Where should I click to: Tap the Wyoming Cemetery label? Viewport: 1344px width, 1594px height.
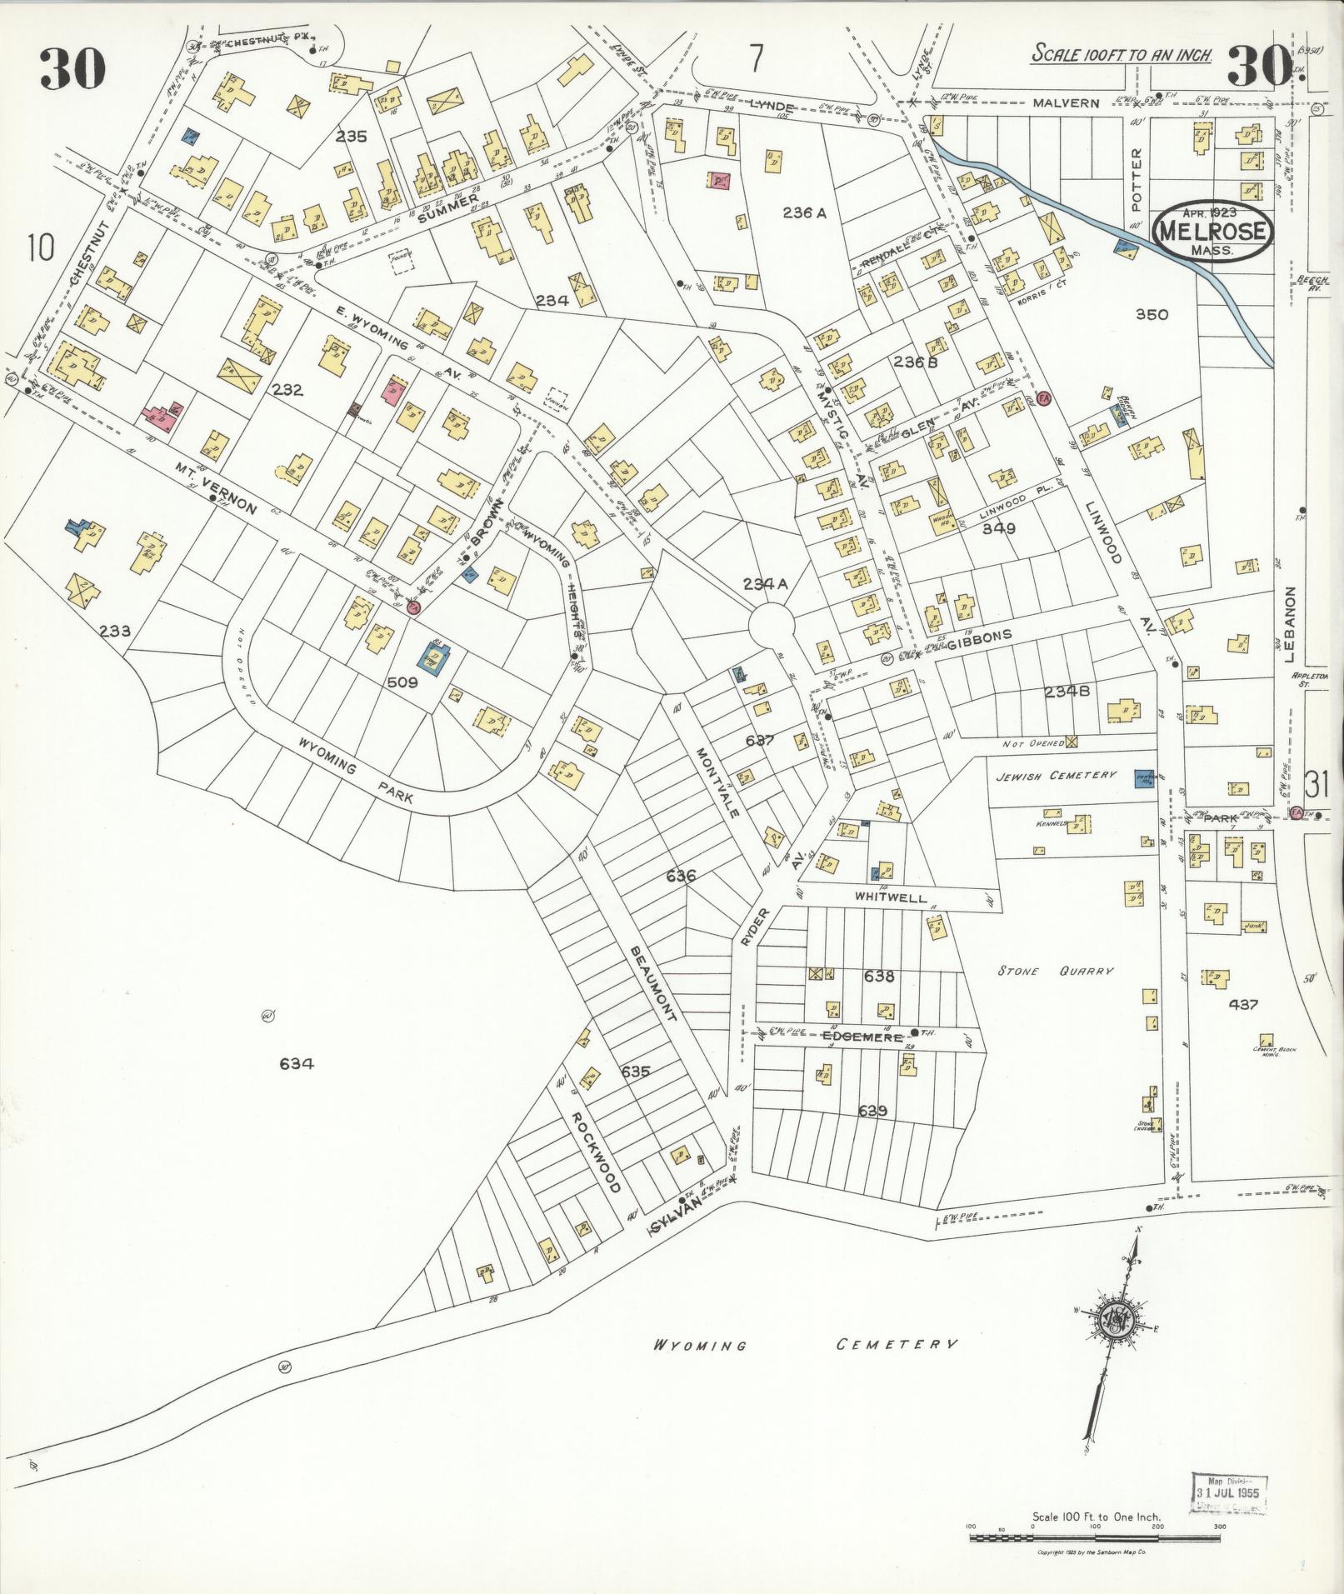click(804, 1345)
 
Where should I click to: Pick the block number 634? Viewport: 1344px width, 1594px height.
click(297, 1063)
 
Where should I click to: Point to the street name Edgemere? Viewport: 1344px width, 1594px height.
click(862, 1037)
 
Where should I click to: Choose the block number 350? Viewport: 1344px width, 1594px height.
click(1152, 314)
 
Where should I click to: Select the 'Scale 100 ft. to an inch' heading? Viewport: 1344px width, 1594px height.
click(1122, 55)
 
